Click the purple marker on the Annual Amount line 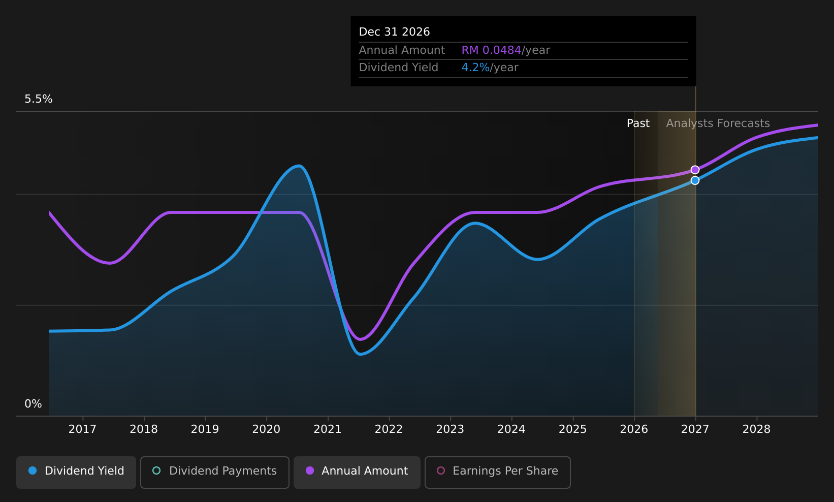[x=695, y=170]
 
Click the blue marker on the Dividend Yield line [x=695, y=180]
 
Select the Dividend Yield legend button [x=76, y=472]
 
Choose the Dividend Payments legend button [x=214, y=472]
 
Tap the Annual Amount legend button [x=357, y=472]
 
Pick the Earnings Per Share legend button [x=497, y=472]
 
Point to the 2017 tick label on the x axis [x=82, y=429]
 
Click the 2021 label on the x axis [x=327, y=429]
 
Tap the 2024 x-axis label [x=511, y=429]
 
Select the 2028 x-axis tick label [x=756, y=429]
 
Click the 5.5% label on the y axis [x=39, y=99]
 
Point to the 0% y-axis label [x=33, y=404]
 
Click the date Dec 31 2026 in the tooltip [x=394, y=32]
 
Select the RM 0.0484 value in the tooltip [x=491, y=50]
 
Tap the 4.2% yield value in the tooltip [x=475, y=68]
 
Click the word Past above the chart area [x=638, y=123]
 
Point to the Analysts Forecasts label [x=718, y=123]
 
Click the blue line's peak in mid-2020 [x=299, y=166]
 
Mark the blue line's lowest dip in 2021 [x=360, y=354]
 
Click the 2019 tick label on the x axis [x=205, y=429]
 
